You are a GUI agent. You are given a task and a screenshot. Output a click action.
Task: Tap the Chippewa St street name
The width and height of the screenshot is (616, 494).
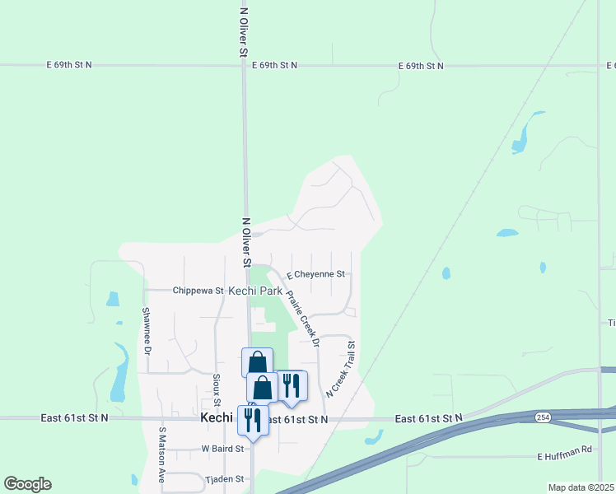click(198, 291)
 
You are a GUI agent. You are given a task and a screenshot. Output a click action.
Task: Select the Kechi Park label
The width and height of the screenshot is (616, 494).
click(254, 291)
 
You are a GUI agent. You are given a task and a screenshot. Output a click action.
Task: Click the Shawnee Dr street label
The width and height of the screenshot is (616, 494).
click(147, 329)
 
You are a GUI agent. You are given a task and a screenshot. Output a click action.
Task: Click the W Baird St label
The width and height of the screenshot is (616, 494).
click(222, 449)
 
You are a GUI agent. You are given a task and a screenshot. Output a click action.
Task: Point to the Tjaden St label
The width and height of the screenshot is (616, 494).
click(225, 478)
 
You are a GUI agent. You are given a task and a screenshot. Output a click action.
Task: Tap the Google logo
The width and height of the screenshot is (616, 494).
click(27, 484)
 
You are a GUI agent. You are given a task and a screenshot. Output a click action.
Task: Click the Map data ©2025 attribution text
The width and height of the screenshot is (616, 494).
click(581, 487)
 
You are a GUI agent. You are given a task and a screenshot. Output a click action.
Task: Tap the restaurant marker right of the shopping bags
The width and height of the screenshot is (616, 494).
click(292, 385)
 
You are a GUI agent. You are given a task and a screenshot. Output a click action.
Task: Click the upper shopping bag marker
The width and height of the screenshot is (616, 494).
click(257, 362)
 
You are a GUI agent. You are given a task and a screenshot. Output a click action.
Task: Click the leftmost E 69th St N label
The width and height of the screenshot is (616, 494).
click(68, 64)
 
